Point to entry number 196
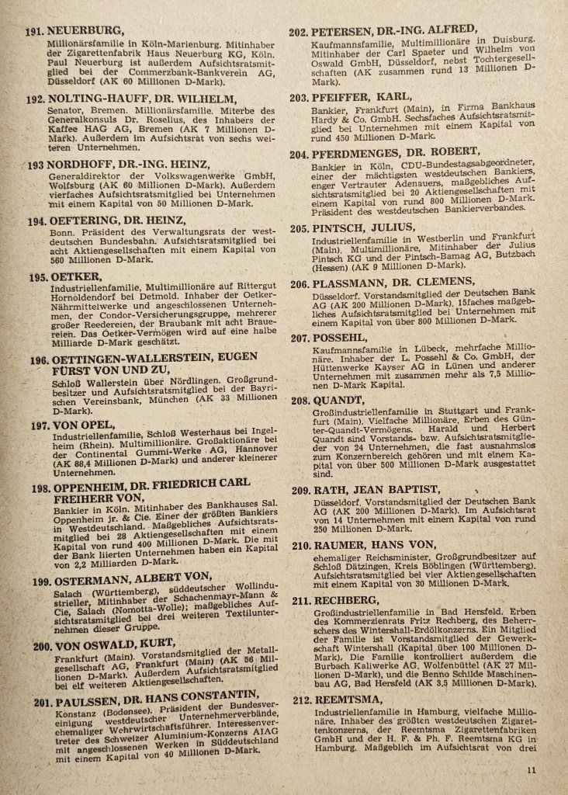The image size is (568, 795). [40, 361]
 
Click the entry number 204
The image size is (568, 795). [300, 154]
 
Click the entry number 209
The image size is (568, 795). [300, 490]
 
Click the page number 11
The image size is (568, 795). [531, 770]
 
